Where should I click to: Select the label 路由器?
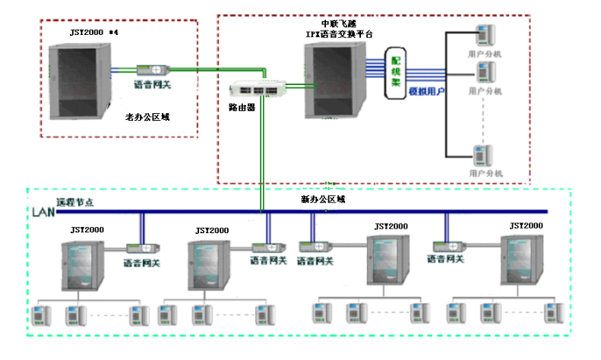coord(242,108)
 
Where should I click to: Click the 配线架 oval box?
coord(395,74)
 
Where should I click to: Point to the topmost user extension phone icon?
coord(482,36)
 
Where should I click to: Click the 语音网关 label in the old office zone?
coord(153,85)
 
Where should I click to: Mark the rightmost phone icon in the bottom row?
coord(552,311)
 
